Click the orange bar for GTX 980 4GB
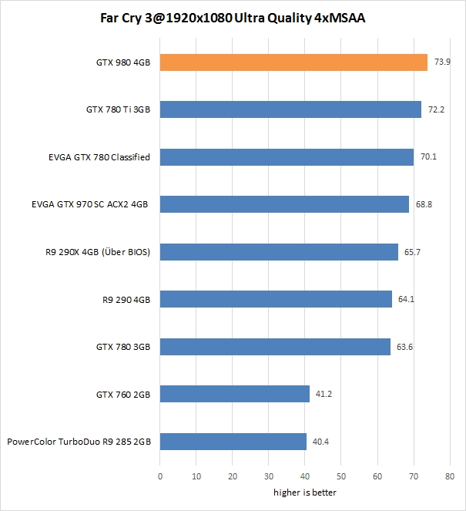click(293, 62)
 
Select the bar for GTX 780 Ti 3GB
click(290, 110)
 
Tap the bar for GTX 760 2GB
click(234, 395)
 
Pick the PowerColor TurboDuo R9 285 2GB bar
click(233, 442)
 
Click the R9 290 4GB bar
click(276, 300)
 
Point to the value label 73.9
click(443, 62)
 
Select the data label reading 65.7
click(413, 253)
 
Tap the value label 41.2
click(324, 395)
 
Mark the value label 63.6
click(405, 347)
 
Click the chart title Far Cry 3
click(233, 18)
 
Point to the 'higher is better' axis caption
click(304, 493)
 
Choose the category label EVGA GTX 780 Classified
click(99, 158)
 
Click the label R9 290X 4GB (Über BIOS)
click(98, 253)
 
